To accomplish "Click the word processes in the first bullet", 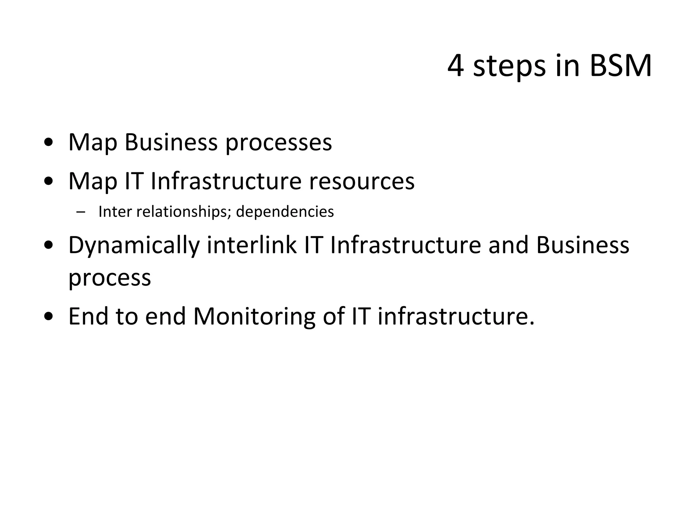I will pos(279,143).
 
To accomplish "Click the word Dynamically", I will pos(134,246).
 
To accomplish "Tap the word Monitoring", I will pos(254,317).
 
